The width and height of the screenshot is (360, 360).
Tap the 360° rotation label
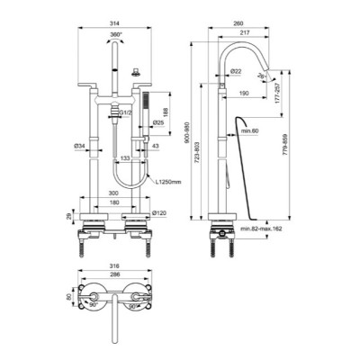point(117,42)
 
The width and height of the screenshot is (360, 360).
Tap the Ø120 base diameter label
point(160,213)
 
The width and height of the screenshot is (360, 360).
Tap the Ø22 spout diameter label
point(235,71)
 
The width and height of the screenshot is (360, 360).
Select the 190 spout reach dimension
point(244,93)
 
